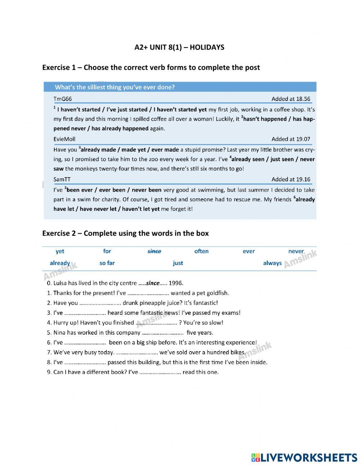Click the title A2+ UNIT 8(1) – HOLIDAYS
click(x=179, y=47)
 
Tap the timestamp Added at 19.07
click(x=291, y=139)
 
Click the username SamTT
click(x=62, y=179)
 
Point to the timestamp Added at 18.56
click(x=291, y=99)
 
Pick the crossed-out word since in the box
click(x=154, y=251)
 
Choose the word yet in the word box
click(x=60, y=251)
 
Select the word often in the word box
click(x=201, y=251)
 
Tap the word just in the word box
click(x=178, y=263)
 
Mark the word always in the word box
click(x=272, y=263)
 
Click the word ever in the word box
click(x=249, y=251)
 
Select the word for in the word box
click(x=107, y=251)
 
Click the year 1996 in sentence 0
click(x=176, y=283)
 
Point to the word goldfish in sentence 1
click(x=216, y=293)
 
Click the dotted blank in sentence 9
click(x=160, y=372)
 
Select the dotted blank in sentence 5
click(x=163, y=333)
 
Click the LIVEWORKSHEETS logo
click(x=304, y=457)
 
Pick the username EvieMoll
click(x=64, y=139)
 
